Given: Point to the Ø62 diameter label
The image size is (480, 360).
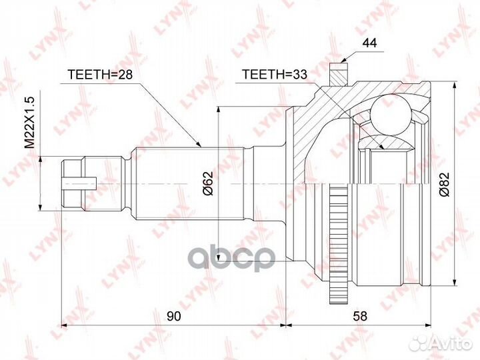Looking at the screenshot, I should pyautogui.click(x=207, y=183).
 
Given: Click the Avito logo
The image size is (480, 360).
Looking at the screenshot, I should pyautogui.click(x=440, y=343).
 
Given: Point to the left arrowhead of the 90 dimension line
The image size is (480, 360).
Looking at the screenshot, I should pyautogui.click(x=65, y=326).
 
